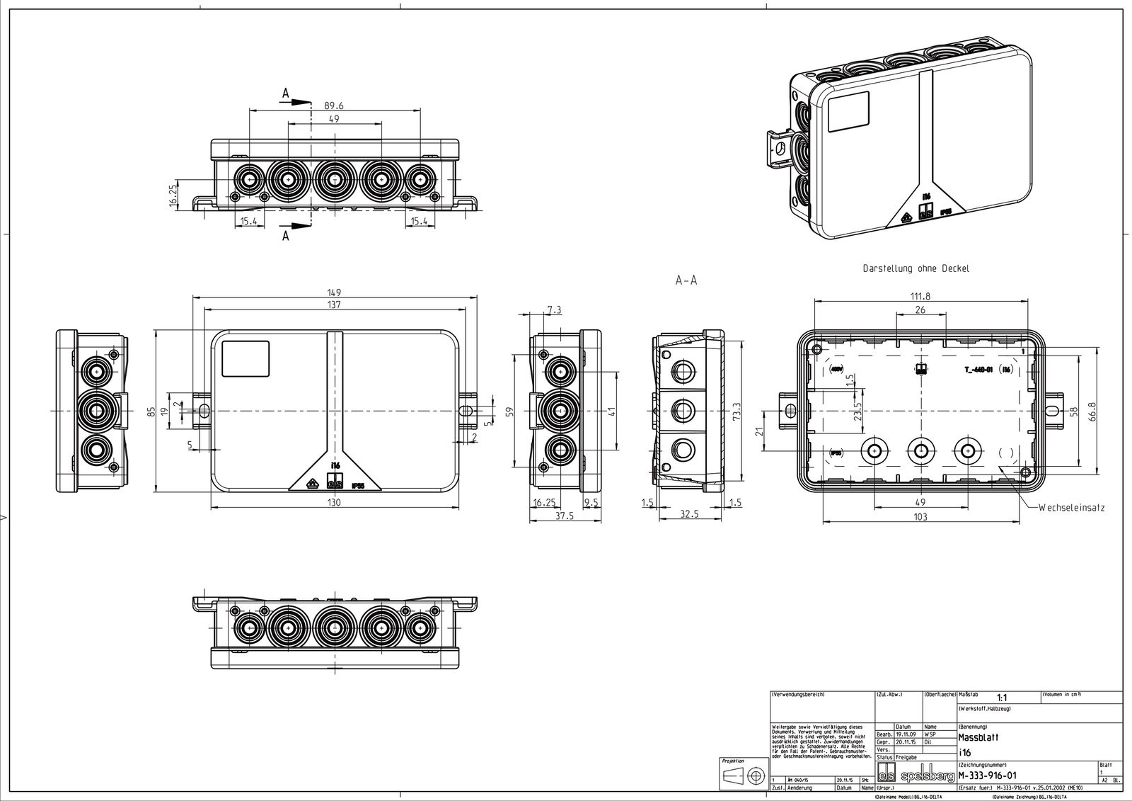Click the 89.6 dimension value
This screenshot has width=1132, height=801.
click(334, 106)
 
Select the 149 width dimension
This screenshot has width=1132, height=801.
click(335, 292)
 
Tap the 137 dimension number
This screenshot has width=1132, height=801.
click(335, 305)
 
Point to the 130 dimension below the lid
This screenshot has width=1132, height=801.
click(335, 503)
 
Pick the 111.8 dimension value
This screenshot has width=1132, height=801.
click(920, 296)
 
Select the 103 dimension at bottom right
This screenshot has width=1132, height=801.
click(920, 518)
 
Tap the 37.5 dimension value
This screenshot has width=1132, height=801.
click(564, 516)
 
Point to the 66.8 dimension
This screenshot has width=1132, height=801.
click(1093, 411)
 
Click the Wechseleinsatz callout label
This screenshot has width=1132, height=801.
click(1071, 508)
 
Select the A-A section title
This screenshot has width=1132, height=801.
click(686, 280)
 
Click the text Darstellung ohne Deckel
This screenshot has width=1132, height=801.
click(916, 269)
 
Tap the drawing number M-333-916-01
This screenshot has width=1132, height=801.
click(988, 776)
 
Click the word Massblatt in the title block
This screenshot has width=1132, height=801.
click(978, 737)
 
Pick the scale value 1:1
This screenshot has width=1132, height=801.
click(1002, 698)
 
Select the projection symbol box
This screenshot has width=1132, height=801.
click(744, 775)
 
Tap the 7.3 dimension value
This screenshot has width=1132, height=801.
click(555, 310)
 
